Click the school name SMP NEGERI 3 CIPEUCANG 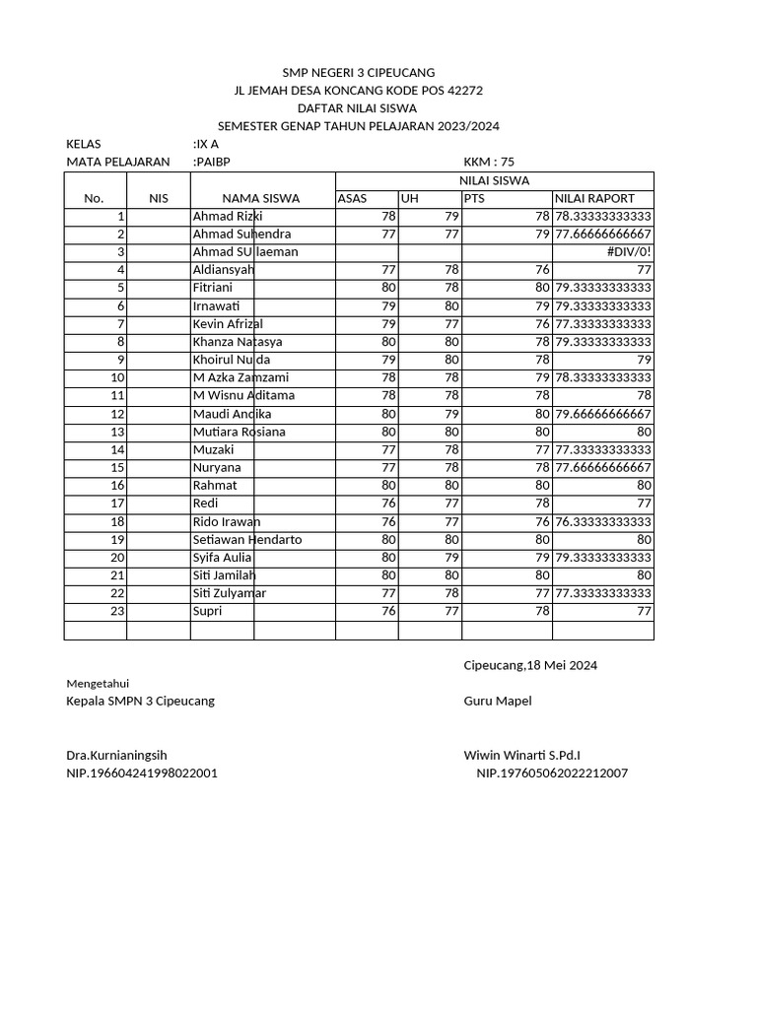click(x=358, y=73)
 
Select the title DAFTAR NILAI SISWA click(x=358, y=108)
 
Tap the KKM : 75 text click(x=489, y=163)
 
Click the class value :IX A click(x=206, y=144)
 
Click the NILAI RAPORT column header click(x=594, y=199)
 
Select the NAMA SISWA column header click(x=260, y=199)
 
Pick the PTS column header click(x=475, y=199)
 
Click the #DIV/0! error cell click(x=631, y=252)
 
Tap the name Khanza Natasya click(x=238, y=342)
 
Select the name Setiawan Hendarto click(x=247, y=540)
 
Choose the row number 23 click(x=117, y=612)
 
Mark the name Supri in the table click(x=207, y=612)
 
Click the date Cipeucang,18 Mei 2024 click(x=530, y=666)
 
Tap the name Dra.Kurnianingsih click(x=116, y=756)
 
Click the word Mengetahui click(x=98, y=684)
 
